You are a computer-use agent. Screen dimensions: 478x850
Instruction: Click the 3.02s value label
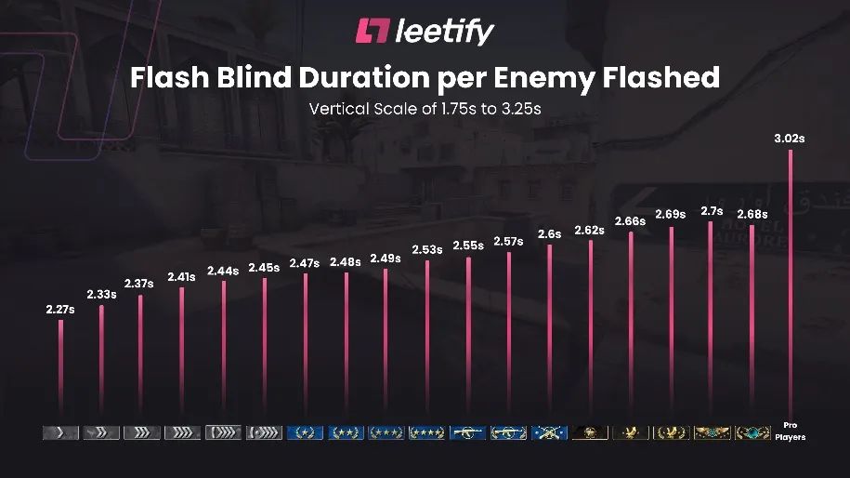(x=790, y=139)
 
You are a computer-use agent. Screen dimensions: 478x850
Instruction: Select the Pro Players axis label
(x=791, y=432)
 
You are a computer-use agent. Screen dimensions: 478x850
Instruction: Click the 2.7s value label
(x=712, y=211)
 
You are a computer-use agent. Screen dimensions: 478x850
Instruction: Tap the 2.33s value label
(x=101, y=294)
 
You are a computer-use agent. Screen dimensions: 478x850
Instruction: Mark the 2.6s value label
(x=550, y=234)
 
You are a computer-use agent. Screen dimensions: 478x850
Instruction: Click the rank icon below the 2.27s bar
(x=60, y=432)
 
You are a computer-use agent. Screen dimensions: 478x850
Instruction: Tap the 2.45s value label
(x=264, y=268)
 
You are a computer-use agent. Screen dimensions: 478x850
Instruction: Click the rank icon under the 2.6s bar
(x=549, y=432)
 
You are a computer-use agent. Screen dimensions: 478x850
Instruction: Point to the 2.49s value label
(x=386, y=259)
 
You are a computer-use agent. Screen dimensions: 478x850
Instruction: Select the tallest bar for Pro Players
(x=791, y=279)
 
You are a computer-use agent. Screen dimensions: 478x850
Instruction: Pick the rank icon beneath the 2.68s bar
(x=752, y=432)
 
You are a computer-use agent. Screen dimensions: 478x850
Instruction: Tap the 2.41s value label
(x=182, y=276)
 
